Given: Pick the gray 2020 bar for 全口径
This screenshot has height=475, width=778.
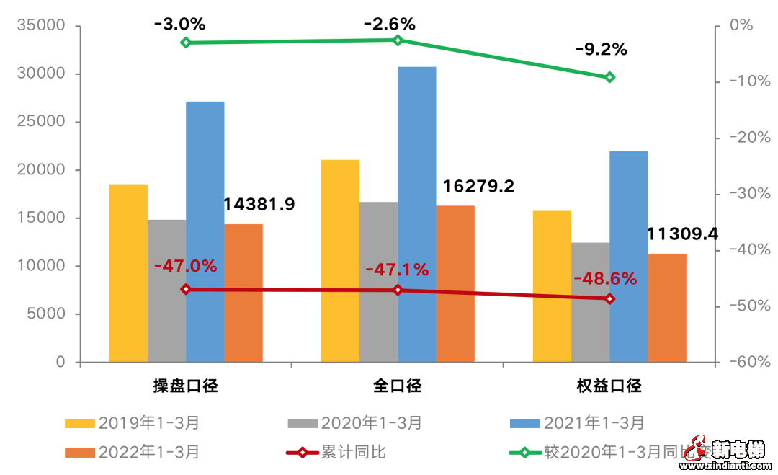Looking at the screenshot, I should tap(378, 281).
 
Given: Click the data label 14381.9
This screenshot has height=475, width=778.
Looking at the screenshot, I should tap(259, 205).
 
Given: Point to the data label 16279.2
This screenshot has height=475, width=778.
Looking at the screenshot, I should tap(478, 187).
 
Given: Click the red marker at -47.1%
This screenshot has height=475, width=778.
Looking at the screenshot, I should tap(398, 290).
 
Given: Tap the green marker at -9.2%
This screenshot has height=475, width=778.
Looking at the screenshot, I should tap(609, 77).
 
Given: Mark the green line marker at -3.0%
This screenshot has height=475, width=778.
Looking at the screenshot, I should tap(186, 43).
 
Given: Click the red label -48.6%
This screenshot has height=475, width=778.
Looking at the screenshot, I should tap(605, 278).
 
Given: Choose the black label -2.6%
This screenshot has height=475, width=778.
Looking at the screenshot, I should tap(389, 24).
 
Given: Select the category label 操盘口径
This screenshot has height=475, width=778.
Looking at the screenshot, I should tap(185, 386).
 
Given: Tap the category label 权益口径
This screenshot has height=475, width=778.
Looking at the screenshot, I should tap(609, 386).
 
